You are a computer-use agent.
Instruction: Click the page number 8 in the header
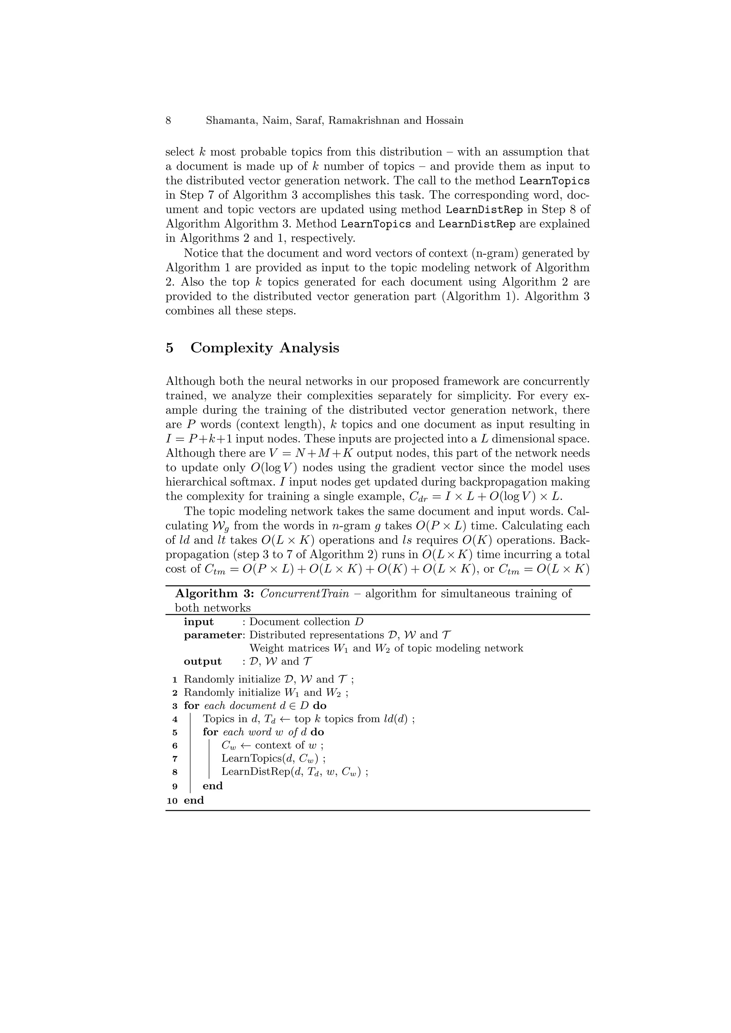click(x=168, y=121)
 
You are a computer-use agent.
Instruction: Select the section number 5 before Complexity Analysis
click(x=169, y=348)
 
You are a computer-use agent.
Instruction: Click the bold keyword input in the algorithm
click(x=198, y=622)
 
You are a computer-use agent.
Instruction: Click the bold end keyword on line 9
click(x=212, y=786)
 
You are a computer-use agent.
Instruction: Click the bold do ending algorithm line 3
click(x=319, y=706)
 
